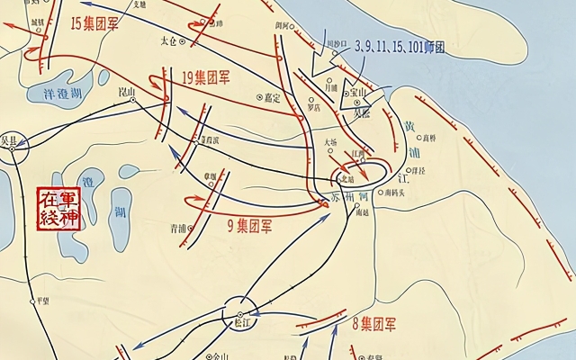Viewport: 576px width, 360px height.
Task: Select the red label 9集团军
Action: coord(249,226)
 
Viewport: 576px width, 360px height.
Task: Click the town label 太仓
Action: coord(169,40)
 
